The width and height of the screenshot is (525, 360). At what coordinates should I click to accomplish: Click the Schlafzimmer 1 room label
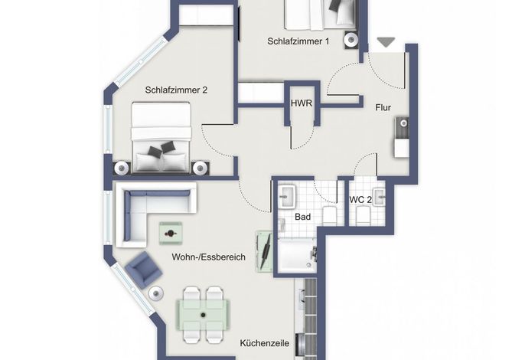[x=298, y=41]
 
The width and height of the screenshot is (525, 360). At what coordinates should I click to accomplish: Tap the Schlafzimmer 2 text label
[x=176, y=90]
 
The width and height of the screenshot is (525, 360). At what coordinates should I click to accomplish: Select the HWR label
[x=302, y=103]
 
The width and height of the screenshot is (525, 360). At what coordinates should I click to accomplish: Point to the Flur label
[x=383, y=107]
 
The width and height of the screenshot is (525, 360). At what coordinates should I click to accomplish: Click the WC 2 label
[x=360, y=200]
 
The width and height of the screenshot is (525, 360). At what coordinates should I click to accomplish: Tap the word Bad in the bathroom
[x=302, y=217]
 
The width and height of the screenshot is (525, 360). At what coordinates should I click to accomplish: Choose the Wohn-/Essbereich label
[x=209, y=257]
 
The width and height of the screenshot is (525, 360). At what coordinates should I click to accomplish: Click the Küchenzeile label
[x=265, y=343]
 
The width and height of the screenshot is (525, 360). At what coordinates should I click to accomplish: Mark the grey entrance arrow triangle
[x=386, y=41]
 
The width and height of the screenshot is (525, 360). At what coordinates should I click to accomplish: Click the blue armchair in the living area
[x=144, y=270]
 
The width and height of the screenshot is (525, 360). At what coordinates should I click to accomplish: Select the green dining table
[x=204, y=315]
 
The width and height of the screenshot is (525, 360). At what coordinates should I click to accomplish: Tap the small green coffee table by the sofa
[x=171, y=233]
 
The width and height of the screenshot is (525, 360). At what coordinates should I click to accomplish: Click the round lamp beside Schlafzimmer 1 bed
[x=351, y=40]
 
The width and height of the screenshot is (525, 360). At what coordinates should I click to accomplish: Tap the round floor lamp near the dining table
[x=156, y=293]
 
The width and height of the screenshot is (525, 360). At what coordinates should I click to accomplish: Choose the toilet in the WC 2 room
[x=363, y=216]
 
